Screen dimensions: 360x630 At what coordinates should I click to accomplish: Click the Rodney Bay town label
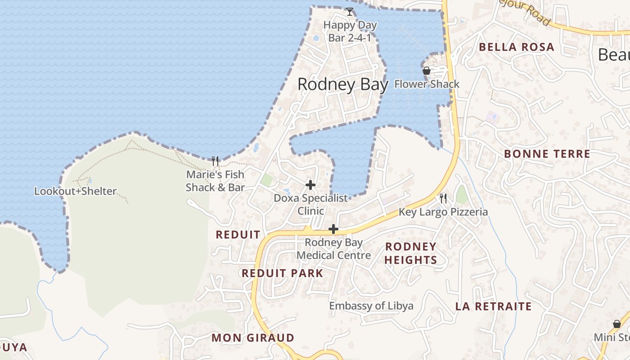(342, 85)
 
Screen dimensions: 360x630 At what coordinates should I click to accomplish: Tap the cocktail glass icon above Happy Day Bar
(350, 12)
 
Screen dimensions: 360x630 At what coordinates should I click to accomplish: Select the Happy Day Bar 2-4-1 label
(350, 31)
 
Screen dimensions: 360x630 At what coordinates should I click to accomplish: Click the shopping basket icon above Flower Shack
(427, 71)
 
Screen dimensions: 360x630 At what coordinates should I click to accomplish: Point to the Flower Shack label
(427, 84)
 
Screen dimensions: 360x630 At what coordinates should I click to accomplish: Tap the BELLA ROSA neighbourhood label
(516, 47)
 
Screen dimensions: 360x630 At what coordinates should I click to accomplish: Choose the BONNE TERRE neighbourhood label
(547, 154)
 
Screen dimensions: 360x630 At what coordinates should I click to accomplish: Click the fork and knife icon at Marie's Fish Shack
(215, 161)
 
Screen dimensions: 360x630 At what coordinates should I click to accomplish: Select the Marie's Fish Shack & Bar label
(215, 181)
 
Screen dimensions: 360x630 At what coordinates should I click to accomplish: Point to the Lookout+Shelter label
(75, 191)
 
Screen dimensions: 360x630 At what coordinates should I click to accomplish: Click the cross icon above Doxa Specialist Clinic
(310, 185)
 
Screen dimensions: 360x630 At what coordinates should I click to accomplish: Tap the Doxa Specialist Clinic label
(311, 204)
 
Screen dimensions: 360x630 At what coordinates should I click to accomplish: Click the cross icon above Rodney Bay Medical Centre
(333, 229)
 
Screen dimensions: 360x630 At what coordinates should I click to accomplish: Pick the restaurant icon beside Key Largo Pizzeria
(443, 198)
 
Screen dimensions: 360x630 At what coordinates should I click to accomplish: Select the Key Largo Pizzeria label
(443, 212)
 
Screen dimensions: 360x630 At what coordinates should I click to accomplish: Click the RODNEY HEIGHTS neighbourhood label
(410, 253)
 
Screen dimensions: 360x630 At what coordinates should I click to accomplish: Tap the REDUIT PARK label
(282, 273)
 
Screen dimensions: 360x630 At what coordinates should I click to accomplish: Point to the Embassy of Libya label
(371, 306)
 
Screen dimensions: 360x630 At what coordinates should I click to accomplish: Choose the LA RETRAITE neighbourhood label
(493, 306)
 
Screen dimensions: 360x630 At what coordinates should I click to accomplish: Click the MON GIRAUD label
(252, 337)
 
